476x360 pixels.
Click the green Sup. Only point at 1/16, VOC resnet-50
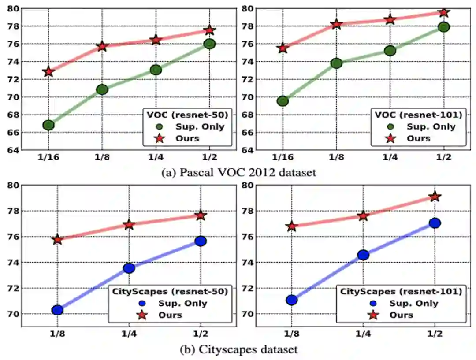point(48,125)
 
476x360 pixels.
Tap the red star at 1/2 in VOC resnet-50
point(209,30)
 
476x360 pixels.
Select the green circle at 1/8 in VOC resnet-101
point(336,63)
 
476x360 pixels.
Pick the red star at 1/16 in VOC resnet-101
point(283,48)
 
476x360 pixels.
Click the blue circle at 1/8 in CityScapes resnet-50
point(57,310)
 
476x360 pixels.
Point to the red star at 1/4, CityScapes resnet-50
point(129,225)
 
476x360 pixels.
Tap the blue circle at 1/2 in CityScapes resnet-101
point(435,223)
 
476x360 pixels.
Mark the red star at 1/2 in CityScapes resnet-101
point(435,197)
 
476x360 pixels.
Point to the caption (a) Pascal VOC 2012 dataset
point(238,173)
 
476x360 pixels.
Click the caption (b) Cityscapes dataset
point(238,349)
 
